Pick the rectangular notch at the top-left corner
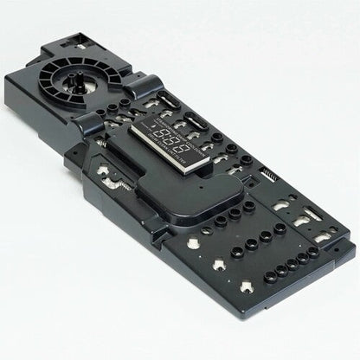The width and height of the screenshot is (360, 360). tap(78, 40)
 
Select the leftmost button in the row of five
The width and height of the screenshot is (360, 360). tap(269, 276)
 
